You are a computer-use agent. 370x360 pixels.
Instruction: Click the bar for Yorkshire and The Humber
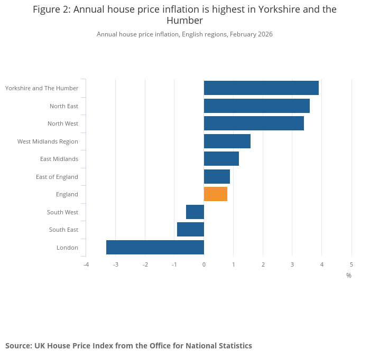[x=261, y=88]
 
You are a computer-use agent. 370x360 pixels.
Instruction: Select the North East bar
[x=257, y=106]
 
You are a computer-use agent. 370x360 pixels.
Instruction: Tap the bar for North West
[x=254, y=124]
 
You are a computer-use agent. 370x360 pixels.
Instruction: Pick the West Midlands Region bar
[x=227, y=141]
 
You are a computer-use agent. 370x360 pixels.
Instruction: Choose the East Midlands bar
[x=221, y=159]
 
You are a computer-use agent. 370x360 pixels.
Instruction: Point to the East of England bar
[x=217, y=177]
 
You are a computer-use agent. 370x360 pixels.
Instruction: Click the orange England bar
[x=216, y=194]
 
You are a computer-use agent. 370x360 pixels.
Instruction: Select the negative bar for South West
[x=195, y=212]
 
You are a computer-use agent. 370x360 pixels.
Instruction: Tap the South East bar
[x=190, y=230]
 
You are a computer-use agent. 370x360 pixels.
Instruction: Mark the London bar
[x=155, y=248]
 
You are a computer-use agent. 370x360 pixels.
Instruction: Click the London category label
[x=67, y=248]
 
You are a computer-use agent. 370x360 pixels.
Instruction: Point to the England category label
[x=67, y=194]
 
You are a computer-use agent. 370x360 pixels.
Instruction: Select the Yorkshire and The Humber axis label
[x=42, y=88]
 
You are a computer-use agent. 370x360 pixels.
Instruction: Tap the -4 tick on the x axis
[x=86, y=264]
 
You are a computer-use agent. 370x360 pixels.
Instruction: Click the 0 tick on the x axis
[x=204, y=264]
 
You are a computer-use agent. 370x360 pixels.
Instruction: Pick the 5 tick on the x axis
[x=351, y=264]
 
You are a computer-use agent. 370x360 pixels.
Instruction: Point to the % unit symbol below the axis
[x=349, y=276]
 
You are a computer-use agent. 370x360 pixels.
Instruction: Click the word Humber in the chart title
[x=184, y=21]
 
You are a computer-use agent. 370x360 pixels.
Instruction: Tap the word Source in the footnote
[x=18, y=346]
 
